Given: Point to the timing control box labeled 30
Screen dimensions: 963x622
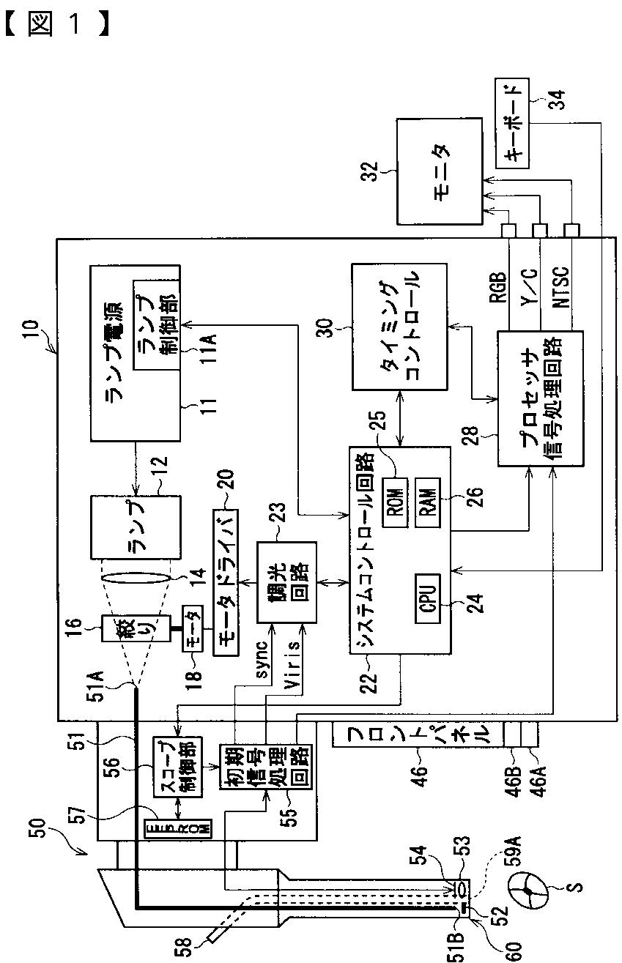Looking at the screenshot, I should pyautogui.click(x=399, y=327).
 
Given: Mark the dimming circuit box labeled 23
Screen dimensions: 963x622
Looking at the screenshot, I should pyautogui.click(x=286, y=582).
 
